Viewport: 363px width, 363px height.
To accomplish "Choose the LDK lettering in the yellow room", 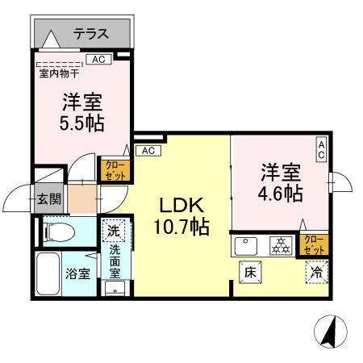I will coord(182,205).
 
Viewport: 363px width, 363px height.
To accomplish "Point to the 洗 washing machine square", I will coord(113,230).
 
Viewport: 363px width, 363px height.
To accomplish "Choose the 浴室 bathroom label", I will coord(78,273).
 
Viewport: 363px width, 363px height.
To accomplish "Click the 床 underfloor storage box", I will coord(250,272).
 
